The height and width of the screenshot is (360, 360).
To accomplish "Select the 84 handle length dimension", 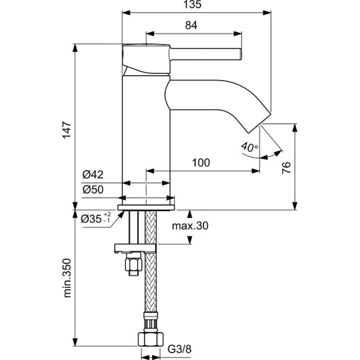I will click(x=192, y=25).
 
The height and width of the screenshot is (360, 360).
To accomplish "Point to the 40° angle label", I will click(x=248, y=148).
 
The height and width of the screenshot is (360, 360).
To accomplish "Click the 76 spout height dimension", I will click(x=286, y=168).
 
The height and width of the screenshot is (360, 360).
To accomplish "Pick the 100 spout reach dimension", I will click(x=200, y=163).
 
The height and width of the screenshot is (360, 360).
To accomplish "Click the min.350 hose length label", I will click(x=69, y=279).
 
